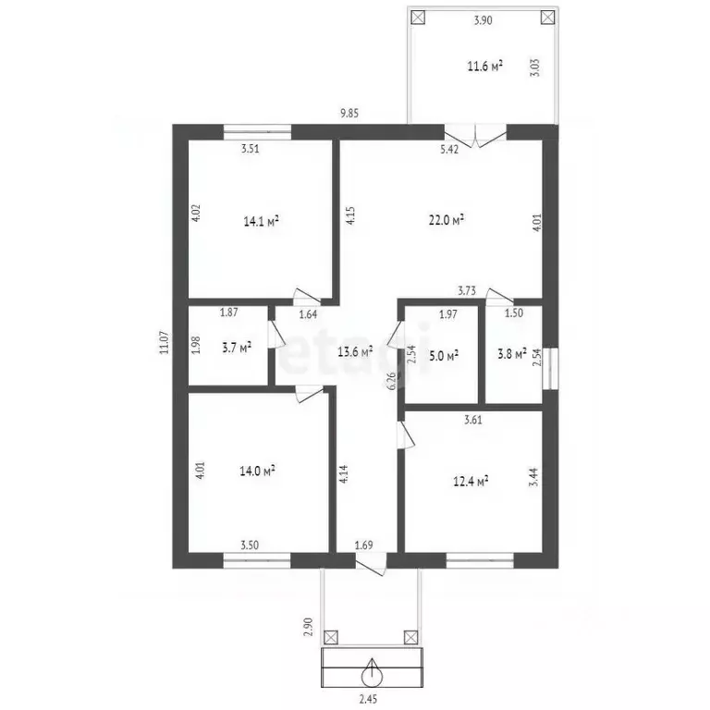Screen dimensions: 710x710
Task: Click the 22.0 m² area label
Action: [x=447, y=220]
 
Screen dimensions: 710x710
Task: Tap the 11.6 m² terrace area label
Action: [x=485, y=67]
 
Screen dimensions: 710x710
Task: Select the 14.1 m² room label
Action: [x=261, y=222]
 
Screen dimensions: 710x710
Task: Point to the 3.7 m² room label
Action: [x=237, y=349]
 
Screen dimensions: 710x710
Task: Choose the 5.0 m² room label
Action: [x=444, y=355]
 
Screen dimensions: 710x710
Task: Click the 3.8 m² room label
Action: [x=511, y=354]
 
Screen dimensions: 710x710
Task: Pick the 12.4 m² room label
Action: [x=471, y=481]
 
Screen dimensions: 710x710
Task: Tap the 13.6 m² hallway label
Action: [x=355, y=351]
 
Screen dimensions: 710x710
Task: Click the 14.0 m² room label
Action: [x=257, y=471]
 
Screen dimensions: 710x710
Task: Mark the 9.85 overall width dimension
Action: [x=349, y=113]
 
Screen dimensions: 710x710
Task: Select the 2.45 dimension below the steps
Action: [x=368, y=700]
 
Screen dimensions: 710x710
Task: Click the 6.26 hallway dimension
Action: [x=392, y=381]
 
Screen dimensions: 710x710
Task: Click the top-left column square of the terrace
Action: [x=419, y=18]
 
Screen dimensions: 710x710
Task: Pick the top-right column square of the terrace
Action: [x=548, y=18]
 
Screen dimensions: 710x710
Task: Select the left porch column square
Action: [x=331, y=638]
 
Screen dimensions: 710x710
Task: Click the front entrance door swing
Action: [x=371, y=564]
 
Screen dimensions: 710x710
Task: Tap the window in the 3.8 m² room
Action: [x=551, y=369]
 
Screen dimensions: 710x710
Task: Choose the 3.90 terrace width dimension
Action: [x=483, y=20]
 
